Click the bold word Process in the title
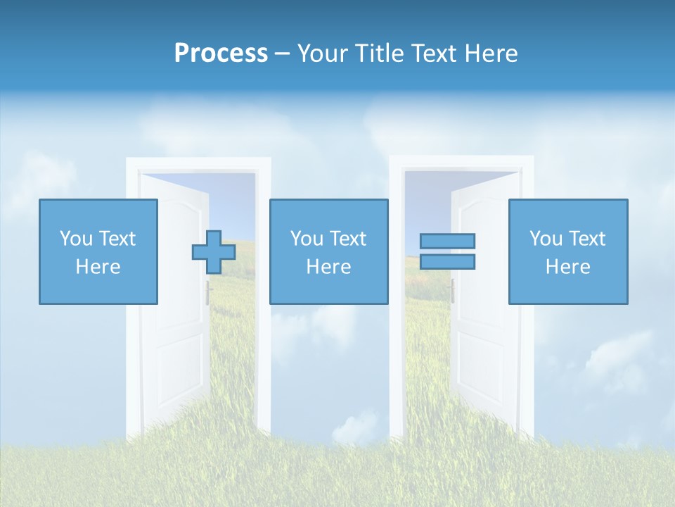tap(221, 53)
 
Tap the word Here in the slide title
tap(490, 53)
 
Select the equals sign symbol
tap(447, 251)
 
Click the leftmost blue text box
tap(98, 251)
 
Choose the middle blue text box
tap(328, 251)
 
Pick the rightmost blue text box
tap(568, 251)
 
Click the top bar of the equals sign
tap(447, 241)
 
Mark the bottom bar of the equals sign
tap(447, 261)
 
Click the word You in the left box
tap(75, 238)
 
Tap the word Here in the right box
tap(568, 266)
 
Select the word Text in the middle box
tap(348, 238)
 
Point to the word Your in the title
tap(321, 53)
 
